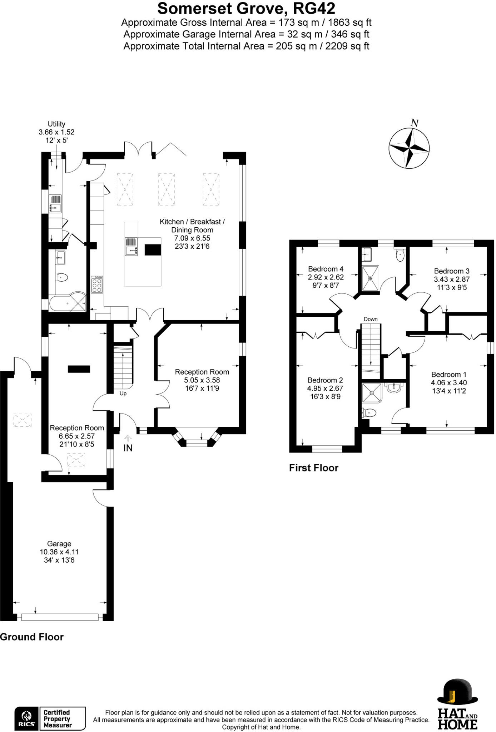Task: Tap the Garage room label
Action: coord(59,544)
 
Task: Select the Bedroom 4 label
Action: coord(326,269)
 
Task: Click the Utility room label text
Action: coord(56,124)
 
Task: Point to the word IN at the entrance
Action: coord(128,448)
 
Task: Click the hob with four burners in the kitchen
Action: coord(97,285)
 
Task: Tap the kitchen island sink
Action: coord(131,247)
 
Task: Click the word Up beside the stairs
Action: coord(123,394)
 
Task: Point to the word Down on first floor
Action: coord(371,319)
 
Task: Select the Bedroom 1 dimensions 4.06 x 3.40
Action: coord(449,382)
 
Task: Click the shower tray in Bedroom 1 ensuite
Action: coord(372,392)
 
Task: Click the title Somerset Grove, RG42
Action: coord(246,8)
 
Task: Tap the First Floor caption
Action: coord(313,468)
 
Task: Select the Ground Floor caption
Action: coord(32,637)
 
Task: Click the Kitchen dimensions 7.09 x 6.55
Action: coord(192,238)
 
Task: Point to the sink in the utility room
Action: coord(55,203)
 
